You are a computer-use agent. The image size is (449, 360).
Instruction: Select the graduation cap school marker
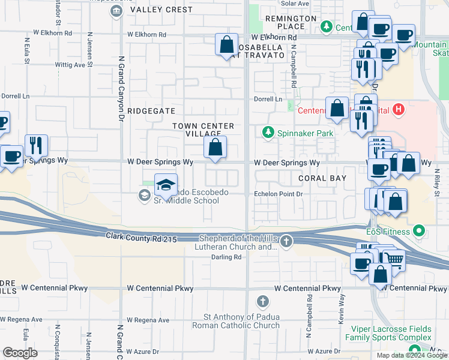point(166,185)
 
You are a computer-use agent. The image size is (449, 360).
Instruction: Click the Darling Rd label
point(226,257)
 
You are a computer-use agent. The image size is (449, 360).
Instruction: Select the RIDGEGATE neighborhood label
point(151,111)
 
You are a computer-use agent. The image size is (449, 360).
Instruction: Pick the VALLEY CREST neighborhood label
point(153,10)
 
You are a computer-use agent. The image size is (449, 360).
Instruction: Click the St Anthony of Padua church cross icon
point(262,301)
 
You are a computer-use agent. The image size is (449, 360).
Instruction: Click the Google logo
point(20,352)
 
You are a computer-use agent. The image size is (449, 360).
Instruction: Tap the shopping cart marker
point(394,259)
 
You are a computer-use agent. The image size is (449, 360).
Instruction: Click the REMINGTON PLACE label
point(291,22)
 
